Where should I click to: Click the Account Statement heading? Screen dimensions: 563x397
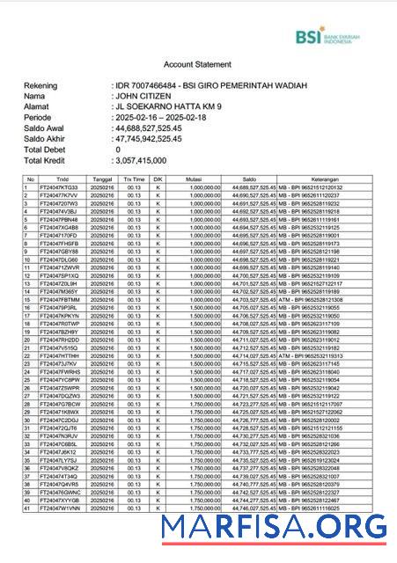198,65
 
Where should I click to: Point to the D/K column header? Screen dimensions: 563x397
158,179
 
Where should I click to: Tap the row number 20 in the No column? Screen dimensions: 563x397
29,340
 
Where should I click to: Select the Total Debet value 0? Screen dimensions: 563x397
118,150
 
